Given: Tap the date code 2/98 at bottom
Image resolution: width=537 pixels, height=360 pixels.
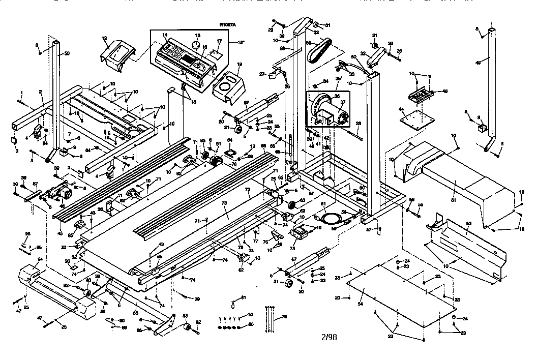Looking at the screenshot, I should coord(329,337).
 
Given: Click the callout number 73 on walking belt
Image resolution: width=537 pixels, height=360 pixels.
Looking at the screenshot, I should coord(225,202).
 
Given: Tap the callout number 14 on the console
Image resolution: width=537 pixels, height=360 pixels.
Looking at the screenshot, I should coord(165,35).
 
